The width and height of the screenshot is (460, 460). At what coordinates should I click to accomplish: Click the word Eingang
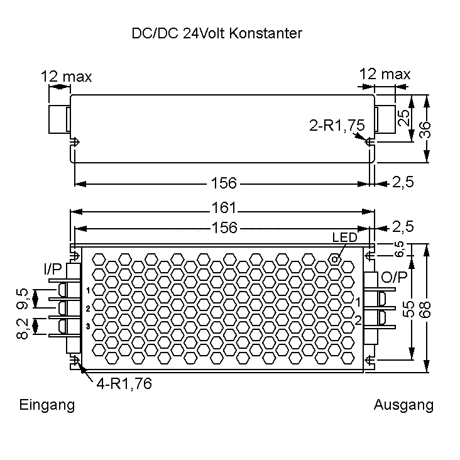[47, 405]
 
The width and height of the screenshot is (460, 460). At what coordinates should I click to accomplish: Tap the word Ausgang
[403, 405]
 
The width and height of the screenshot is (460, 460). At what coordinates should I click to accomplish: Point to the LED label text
[344, 238]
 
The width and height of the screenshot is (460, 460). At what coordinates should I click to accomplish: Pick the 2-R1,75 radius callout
[337, 125]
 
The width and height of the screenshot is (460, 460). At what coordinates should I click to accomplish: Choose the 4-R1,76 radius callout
[124, 383]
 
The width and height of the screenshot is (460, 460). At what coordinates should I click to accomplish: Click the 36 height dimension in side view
[426, 129]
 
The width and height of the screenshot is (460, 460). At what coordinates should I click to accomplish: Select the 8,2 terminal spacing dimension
[23, 328]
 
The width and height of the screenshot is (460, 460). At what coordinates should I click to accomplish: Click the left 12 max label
[66, 77]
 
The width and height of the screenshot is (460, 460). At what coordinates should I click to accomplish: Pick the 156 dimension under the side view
[224, 183]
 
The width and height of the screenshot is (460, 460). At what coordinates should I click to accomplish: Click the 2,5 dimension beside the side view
[403, 183]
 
